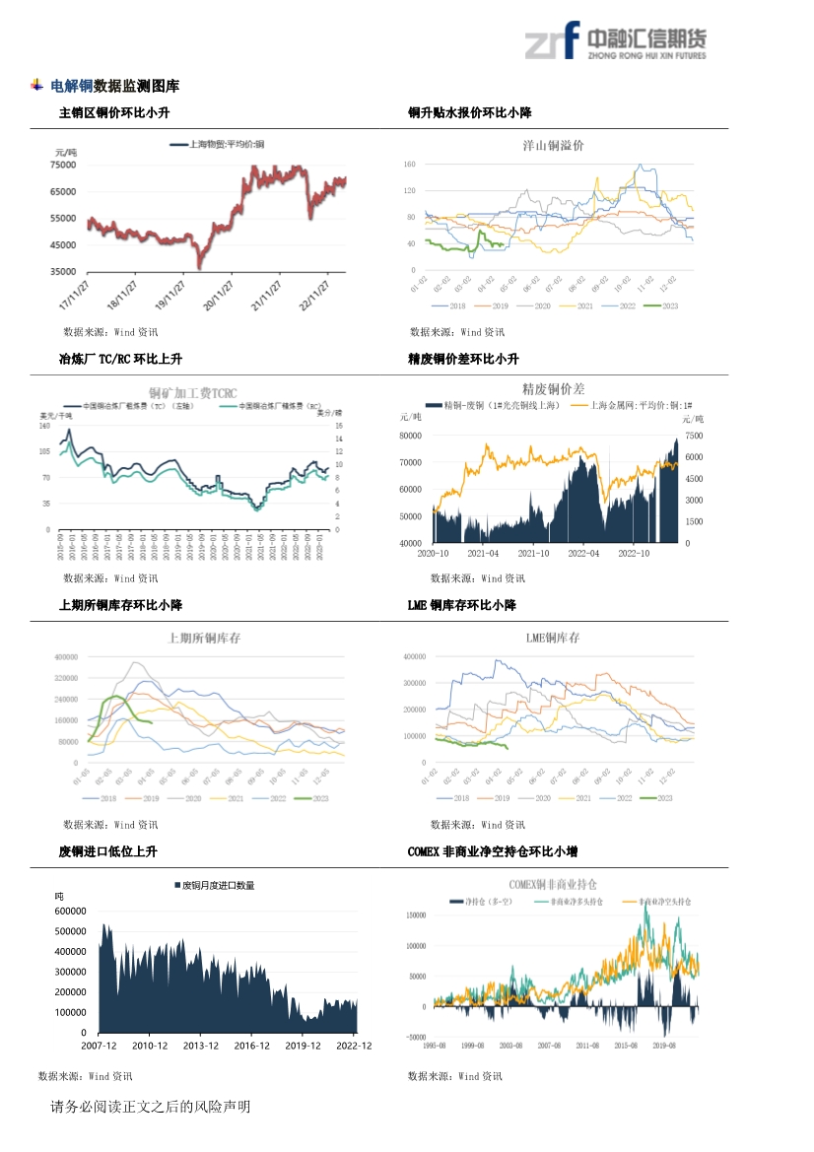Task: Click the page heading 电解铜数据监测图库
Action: click(114, 87)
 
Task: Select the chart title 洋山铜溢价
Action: click(553, 145)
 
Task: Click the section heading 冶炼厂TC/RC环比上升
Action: click(120, 360)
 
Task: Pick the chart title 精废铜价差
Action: click(553, 389)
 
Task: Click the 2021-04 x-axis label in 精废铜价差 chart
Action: click(483, 553)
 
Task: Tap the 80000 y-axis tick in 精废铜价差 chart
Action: click(410, 436)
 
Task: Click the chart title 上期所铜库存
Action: click(204, 638)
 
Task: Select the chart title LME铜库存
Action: click(553, 638)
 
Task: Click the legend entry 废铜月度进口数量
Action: click(218, 885)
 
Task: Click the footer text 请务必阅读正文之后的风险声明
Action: click(150, 1107)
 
